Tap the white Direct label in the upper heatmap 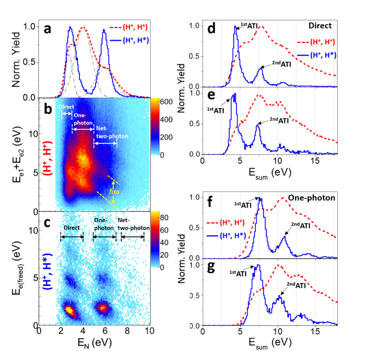66,107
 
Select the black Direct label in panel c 72,228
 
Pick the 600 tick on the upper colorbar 164,101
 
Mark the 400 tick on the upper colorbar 164,120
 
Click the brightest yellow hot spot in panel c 69,310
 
